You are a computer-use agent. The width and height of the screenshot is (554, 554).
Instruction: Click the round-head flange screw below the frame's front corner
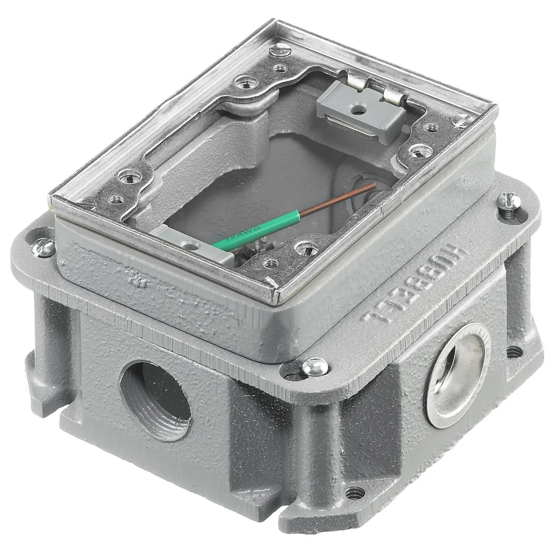[x=315, y=365]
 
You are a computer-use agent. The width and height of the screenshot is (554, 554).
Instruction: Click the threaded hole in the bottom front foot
[x=352, y=491]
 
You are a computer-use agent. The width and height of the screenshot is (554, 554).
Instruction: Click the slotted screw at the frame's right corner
[x=461, y=119]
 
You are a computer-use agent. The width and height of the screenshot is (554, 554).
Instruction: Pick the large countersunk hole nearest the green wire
[x=303, y=248]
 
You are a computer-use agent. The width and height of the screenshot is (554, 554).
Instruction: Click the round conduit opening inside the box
[x=363, y=186]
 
